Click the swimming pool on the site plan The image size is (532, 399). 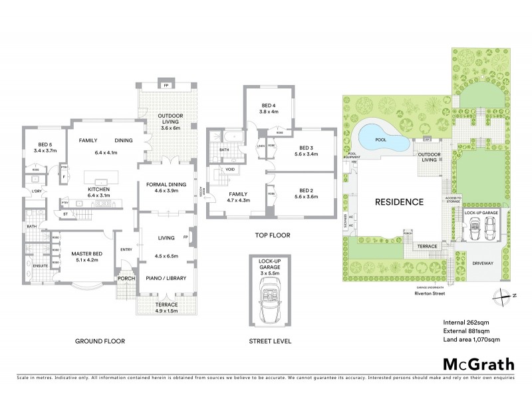(381, 138)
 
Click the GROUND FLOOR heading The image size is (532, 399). (100, 340)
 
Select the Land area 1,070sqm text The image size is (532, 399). (471, 340)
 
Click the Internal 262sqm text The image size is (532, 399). (464, 323)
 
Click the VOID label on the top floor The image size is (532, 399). (230, 170)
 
